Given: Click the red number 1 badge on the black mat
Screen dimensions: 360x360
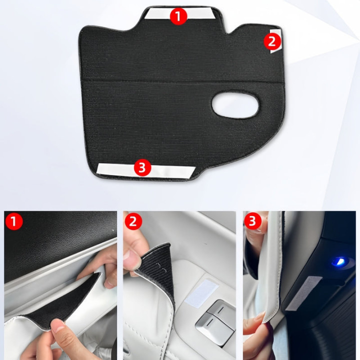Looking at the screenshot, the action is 178,16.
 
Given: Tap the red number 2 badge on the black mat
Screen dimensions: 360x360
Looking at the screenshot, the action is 272,41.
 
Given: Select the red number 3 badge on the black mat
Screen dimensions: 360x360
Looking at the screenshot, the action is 142,167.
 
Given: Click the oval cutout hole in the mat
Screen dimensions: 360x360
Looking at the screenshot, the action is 235,105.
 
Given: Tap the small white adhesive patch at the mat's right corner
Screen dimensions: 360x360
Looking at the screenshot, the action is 276,41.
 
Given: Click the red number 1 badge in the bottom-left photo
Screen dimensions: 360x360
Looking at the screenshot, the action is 13,221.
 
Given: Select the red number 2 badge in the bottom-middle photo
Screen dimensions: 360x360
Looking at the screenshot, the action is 133,221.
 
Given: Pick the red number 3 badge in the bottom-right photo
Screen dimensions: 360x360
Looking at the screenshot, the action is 252,221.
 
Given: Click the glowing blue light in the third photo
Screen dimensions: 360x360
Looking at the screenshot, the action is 340,261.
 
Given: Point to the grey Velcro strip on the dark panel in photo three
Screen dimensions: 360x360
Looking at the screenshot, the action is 303,293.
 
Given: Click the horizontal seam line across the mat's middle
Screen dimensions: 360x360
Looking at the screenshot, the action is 183,81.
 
